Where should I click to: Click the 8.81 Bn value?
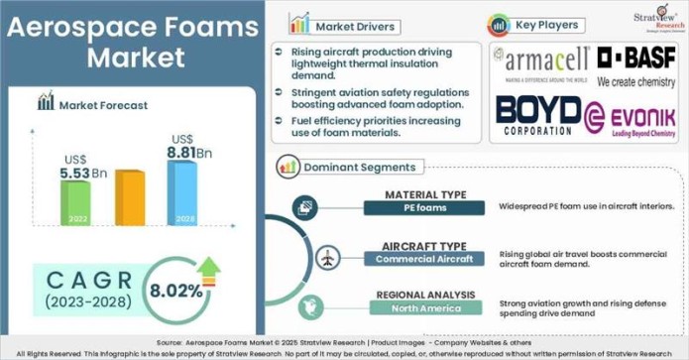click(190, 154)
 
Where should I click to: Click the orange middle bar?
click(129, 197)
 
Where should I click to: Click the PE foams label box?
click(424, 207)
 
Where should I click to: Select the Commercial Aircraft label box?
click(424, 259)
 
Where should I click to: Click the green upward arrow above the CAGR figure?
click(209, 266)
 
